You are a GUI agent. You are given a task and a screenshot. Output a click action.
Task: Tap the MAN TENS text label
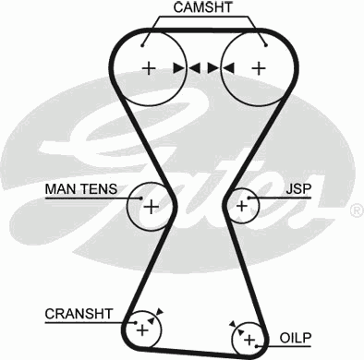coord(81,189)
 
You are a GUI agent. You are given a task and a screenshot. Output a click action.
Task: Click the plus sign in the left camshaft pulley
coord(148,67)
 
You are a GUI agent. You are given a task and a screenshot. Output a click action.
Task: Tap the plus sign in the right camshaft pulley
coord(259,67)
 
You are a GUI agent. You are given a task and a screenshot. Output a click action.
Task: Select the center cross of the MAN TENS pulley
coord(149,205)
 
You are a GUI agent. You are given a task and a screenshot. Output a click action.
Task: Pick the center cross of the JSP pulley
coord(242,205)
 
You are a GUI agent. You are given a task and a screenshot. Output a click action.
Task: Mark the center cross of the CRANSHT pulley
coord(141,328)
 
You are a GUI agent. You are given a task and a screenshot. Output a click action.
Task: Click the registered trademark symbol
coord(356,211)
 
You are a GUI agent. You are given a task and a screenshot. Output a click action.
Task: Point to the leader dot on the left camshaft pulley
coord(143,42)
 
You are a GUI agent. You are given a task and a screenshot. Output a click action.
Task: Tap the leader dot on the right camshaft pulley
coord(264,42)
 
